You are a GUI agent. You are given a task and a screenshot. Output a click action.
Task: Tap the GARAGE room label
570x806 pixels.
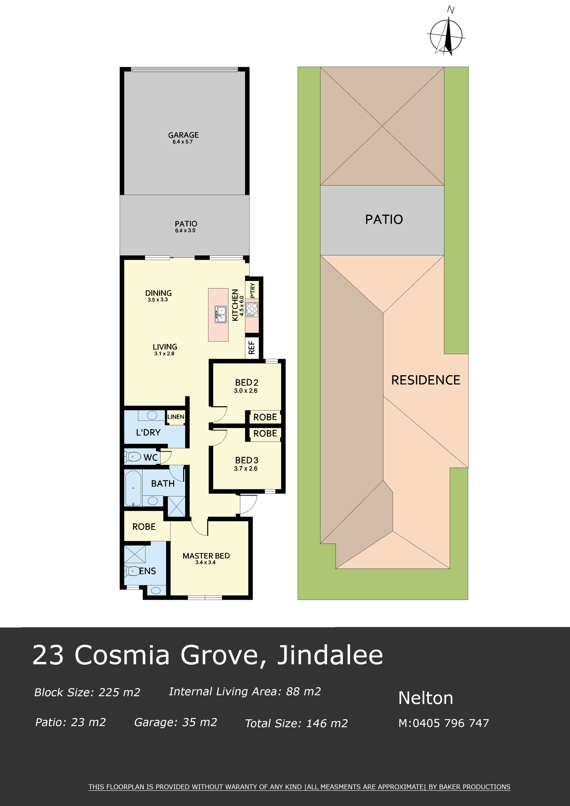point(183,135)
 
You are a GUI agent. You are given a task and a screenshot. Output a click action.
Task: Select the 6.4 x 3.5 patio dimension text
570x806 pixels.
point(185,231)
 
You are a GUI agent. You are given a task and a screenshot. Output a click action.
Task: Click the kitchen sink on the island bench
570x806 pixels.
point(221,314)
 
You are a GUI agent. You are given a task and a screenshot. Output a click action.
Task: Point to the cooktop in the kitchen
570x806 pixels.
point(252,310)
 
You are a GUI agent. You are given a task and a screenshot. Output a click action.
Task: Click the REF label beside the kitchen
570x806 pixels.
point(251,348)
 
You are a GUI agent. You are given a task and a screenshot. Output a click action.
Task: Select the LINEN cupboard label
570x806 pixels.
point(175,417)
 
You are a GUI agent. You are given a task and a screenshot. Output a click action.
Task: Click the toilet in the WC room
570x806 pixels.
point(133,457)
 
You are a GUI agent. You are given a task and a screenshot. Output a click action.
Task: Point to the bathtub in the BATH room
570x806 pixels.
point(133,488)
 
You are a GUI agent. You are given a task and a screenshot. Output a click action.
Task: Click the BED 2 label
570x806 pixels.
point(246,382)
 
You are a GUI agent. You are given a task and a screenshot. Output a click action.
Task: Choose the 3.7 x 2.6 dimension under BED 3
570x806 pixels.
point(246,468)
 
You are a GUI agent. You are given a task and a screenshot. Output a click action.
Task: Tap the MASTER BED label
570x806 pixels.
point(206,556)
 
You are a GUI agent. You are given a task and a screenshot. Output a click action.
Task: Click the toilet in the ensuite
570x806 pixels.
point(132,571)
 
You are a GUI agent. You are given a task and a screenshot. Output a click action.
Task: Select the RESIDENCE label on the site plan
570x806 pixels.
point(426,380)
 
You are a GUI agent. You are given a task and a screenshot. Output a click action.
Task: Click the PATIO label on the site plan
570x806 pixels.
point(384,219)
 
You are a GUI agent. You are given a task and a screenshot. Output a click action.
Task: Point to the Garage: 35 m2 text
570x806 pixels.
point(175,722)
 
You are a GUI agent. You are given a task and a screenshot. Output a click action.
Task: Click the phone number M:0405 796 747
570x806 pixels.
point(444,723)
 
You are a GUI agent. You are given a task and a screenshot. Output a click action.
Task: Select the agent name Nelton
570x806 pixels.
point(426,698)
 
